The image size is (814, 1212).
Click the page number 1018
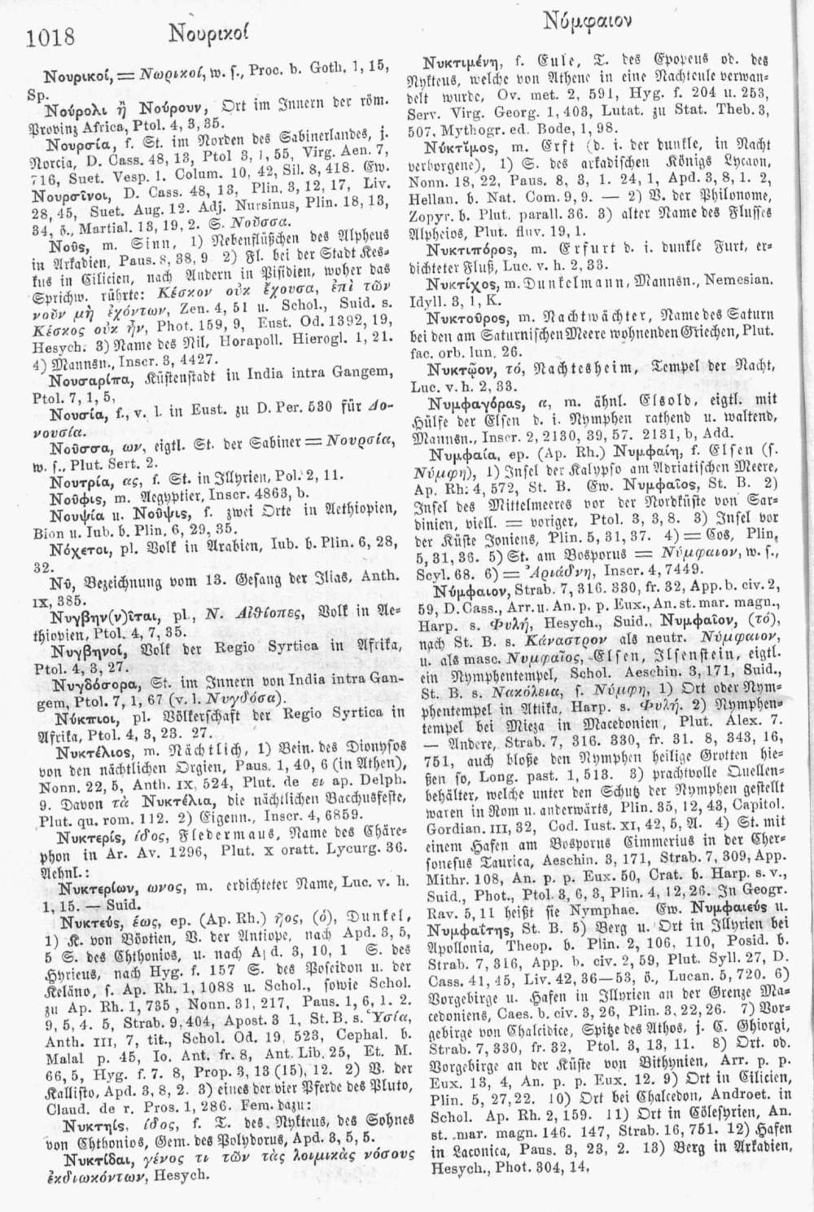pos(50,36)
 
